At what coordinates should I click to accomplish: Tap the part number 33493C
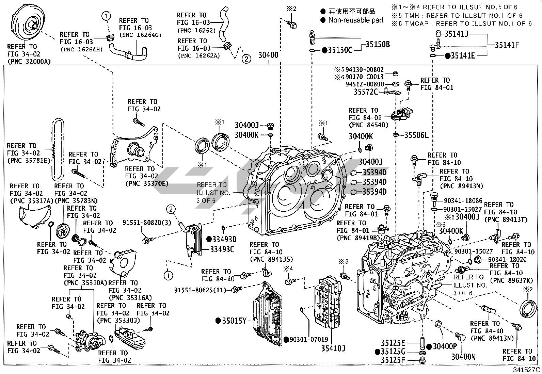pos(222,249)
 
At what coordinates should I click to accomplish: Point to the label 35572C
pos(365,92)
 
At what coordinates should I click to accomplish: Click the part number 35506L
pos(416,135)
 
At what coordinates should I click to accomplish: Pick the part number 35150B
pos(378,44)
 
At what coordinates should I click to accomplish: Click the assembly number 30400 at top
pos(268,55)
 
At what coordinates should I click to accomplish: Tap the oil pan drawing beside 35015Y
pos(268,313)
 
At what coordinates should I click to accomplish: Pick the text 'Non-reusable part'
pos(356,20)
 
